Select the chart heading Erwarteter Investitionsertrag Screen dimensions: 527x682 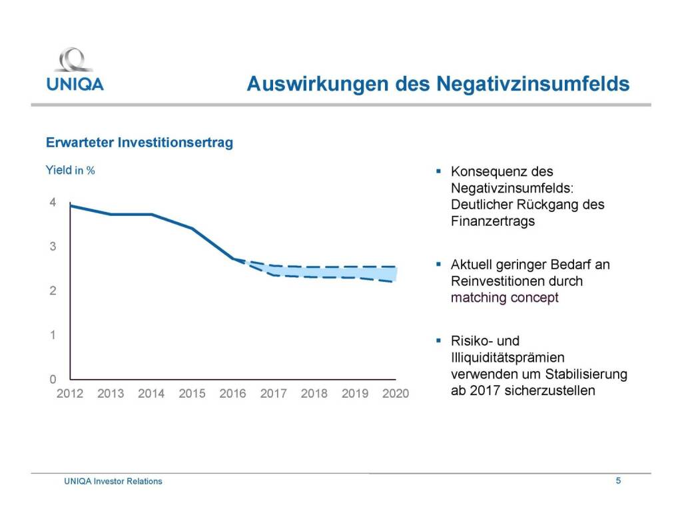click(x=139, y=143)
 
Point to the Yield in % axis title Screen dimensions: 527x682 click(x=69, y=171)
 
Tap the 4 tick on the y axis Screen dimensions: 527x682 click(x=52, y=203)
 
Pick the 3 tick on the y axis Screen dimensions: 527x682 click(x=52, y=247)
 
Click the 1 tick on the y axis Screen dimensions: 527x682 click(x=52, y=335)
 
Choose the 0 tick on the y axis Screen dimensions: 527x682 click(x=52, y=379)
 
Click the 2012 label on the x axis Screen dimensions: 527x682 click(x=70, y=394)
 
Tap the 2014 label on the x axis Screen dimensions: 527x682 click(x=151, y=394)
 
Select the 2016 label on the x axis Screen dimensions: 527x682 click(x=232, y=394)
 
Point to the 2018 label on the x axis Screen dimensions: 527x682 click(x=314, y=394)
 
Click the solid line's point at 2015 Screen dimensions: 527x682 click(x=192, y=229)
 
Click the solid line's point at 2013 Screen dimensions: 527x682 click(x=111, y=214)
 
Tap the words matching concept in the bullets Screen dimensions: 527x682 click(x=504, y=297)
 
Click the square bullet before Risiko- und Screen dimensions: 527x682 click(x=438, y=340)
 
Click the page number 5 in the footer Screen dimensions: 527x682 click(x=618, y=480)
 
